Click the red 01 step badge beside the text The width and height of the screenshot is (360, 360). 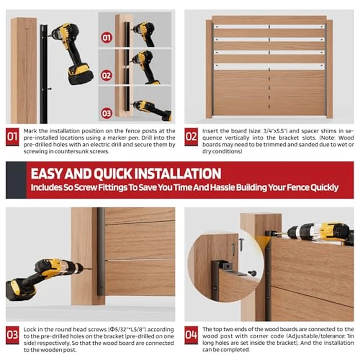coord(12,137)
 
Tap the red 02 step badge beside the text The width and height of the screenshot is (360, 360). coord(191,137)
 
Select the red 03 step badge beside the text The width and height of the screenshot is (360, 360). coord(12,335)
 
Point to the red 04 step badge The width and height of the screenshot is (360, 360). coord(191,335)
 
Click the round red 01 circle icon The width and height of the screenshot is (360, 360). coord(106,38)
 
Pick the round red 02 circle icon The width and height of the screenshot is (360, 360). coord(106,76)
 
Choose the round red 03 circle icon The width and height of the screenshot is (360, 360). coord(106,113)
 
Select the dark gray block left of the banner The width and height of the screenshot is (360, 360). coord(16,180)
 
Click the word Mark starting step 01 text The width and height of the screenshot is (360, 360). coord(30,131)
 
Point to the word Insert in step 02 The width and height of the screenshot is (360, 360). coord(210,131)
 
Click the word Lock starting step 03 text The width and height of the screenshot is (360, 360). coord(29,330)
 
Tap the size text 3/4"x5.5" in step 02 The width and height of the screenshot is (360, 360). coord(275,131)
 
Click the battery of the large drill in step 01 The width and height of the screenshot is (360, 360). coord(80,74)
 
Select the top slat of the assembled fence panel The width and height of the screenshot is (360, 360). coord(269,20)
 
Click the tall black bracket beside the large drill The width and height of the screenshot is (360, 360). coord(44,74)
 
